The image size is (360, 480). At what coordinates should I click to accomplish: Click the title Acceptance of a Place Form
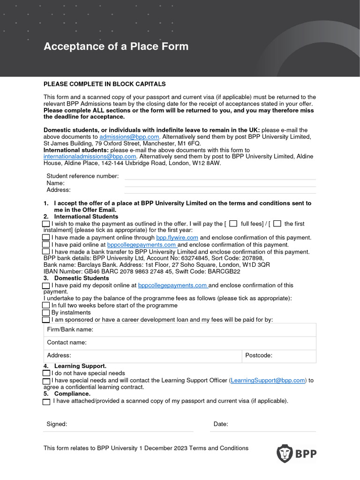click(x=116, y=46)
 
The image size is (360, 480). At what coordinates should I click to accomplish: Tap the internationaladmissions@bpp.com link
click(x=90, y=157)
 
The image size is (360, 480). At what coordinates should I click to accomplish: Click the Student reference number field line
click(x=220, y=176)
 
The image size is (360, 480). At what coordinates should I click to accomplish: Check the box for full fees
click(x=233, y=224)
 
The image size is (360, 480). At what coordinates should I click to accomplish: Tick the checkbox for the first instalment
click(x=277, y=224)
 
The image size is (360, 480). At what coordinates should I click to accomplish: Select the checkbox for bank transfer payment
click(x=46, y=252)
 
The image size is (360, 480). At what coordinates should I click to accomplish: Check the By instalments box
click(x=46, y=313)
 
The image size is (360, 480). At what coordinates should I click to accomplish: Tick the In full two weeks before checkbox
click(x=46, y=306)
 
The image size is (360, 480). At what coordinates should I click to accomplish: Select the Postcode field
click(x=293, y=356)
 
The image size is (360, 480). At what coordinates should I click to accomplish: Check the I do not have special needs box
click(x=46, y=373)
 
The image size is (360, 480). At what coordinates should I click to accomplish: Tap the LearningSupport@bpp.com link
click(x=268, y=381)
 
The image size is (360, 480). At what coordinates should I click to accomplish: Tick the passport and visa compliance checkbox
click(x=46, y=402)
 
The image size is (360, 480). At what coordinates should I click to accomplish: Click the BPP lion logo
click(x=284, y=453)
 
